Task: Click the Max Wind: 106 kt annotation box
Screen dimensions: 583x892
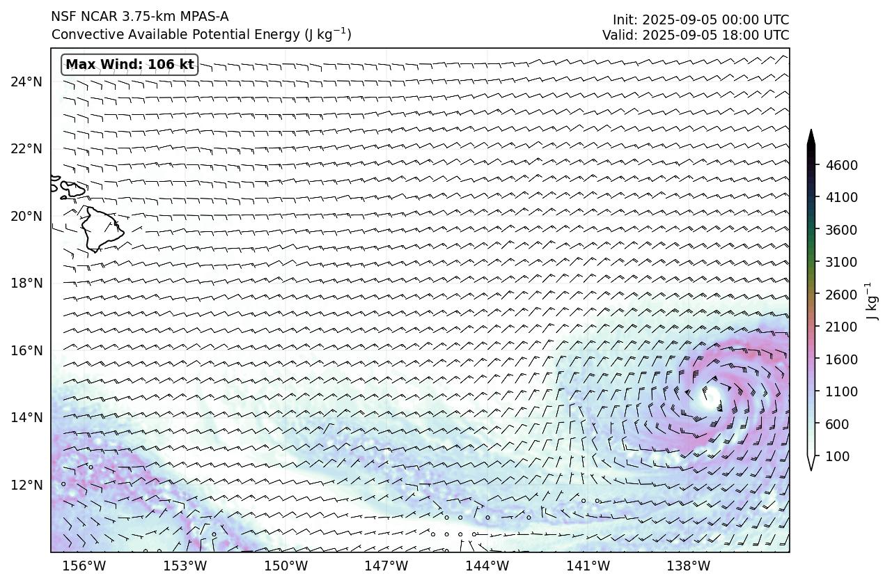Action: click(x=130, y=65)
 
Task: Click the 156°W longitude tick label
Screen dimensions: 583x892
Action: click(x=85, y=566)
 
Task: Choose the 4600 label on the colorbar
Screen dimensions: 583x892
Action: click(x=842, y=165)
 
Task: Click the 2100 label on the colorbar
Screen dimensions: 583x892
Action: click(x=842, y=327)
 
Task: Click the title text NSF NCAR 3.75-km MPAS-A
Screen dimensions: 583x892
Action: click(x=139, y=17)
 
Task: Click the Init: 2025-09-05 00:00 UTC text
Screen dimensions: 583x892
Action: click(x=701, y=20)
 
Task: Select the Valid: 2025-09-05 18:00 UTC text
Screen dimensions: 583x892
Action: click(x=696, y=35)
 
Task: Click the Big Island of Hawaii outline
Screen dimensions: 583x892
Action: click(x=101, y=228)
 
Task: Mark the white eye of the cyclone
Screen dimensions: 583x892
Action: click(x=711, y=398)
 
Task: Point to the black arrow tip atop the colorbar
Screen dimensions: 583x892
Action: click(x=811, y=135)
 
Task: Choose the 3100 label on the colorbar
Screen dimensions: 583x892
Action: click(x=842, y=262)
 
